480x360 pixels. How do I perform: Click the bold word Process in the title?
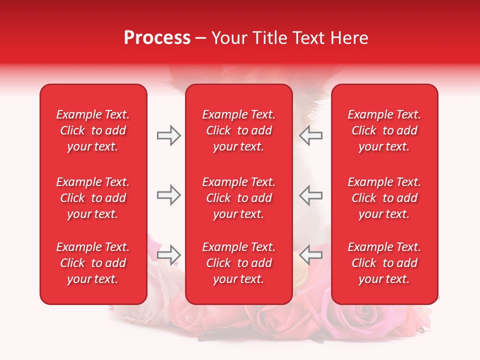pyautogui.click(x=157, y=38)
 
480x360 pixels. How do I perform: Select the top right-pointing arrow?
pyautogui.click(x=168, y=135)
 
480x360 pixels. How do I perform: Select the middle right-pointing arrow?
pyautogui.click(x=168, y=195)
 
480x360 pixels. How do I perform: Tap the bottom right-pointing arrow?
pyautogui.click(x=168, y=254)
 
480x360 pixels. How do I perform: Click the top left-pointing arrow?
pyautogui.click(x=311, y=135)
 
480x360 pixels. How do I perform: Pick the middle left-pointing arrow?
pyautogui.click(x=311, y=195)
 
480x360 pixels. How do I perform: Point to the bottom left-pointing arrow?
pyautogui.click(x=311, y=254)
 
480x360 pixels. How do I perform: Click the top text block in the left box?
pyautogui.click(x=93, y=130)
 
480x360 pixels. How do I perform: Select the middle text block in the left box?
pyautogui.click(x=93, y=198)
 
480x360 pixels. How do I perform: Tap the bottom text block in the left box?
pyautogui.click(x=93, y=263)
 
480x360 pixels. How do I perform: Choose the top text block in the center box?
pyautogui.click(x=239, y=130)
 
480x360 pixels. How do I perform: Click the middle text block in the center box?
pyautogui.click(x=239, y=198)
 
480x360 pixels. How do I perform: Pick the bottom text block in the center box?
pyautogui.click(x=239, y=263)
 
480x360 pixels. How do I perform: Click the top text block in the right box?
pyautogui.click(x=384, y=130)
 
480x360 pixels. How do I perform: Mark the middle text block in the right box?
pyautogui.click(x=384, y=198)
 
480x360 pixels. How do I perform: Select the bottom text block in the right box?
pyautogui.click(x=384, y=263)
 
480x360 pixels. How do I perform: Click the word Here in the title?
pyautogui.click(x=350, y=38)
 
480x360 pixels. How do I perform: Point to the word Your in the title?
pyautogui.click(x=228, y=38)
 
